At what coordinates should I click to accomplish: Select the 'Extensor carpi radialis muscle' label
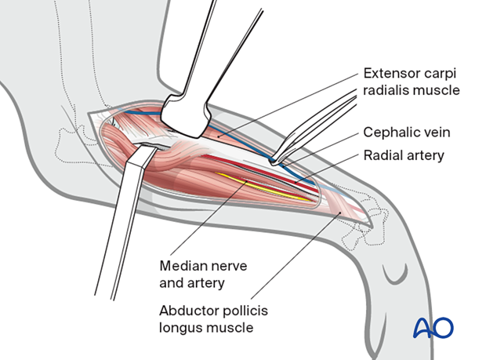coord(412,83)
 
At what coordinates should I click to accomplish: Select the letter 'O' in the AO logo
coord(443,327)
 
